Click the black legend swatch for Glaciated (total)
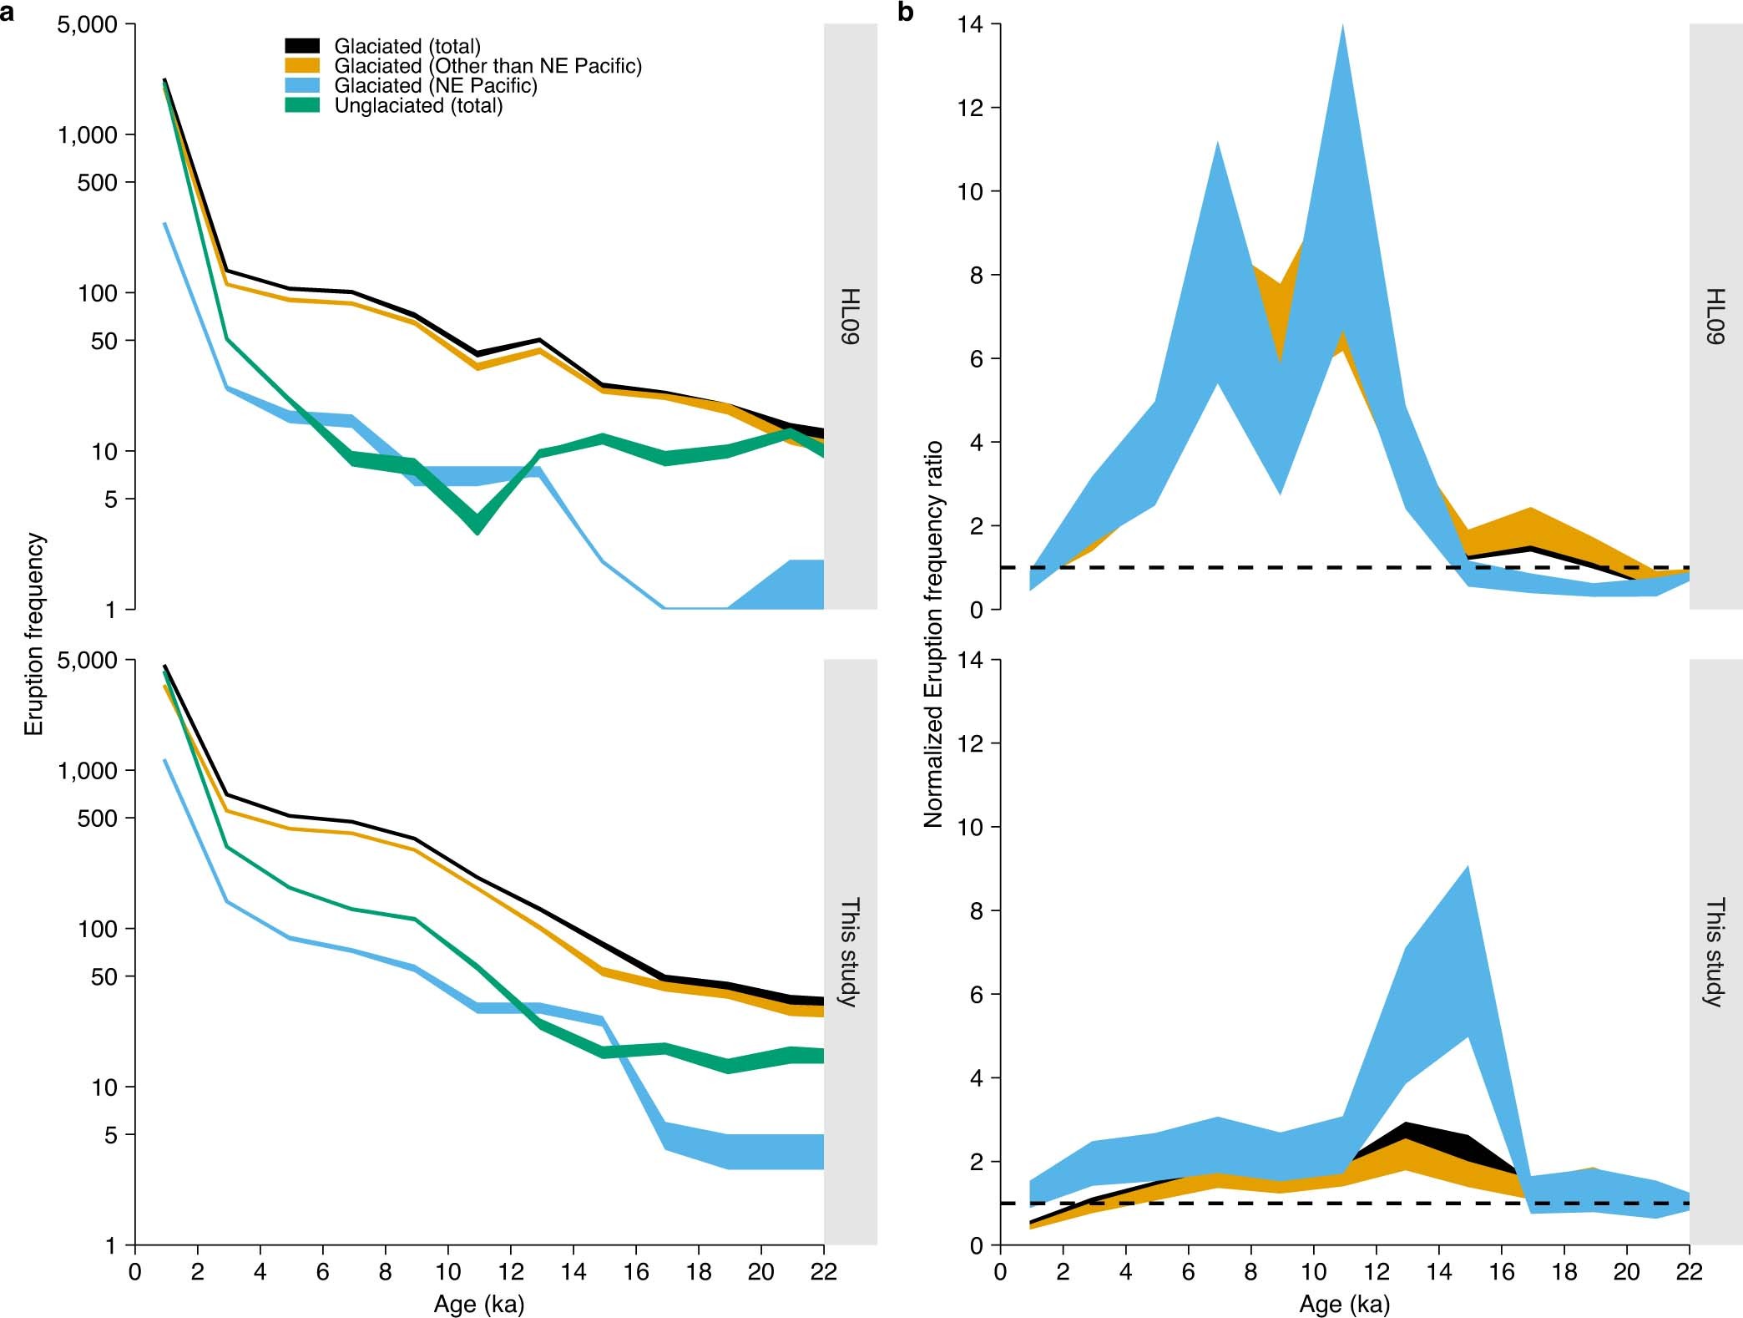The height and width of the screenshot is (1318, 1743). (x=302, y=45)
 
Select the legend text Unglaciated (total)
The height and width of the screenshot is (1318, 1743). (x=418, y=106)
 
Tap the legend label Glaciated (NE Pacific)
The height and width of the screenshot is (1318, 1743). (x=436, y=86)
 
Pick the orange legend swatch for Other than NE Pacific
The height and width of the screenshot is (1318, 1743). (x=302, y=65)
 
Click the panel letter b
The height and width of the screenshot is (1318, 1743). (x=905, y=12)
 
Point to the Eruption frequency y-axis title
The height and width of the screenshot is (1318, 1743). (x=33, y=634)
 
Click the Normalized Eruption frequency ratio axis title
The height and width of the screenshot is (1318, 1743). (x=932, y=634)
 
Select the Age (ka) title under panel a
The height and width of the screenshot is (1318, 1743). (x=478, y=1304)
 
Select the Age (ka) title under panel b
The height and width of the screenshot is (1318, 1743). (x=1344, y=1304)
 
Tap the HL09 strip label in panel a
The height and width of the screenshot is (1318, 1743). (x=850, y=317)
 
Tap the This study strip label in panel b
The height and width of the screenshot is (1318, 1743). (x=1715, y=952)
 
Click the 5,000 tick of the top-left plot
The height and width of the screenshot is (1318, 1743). (x=87, y=25)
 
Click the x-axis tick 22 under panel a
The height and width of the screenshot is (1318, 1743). (x=824, y=1272)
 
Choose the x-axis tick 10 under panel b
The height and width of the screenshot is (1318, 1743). (x=1313, y=1272)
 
